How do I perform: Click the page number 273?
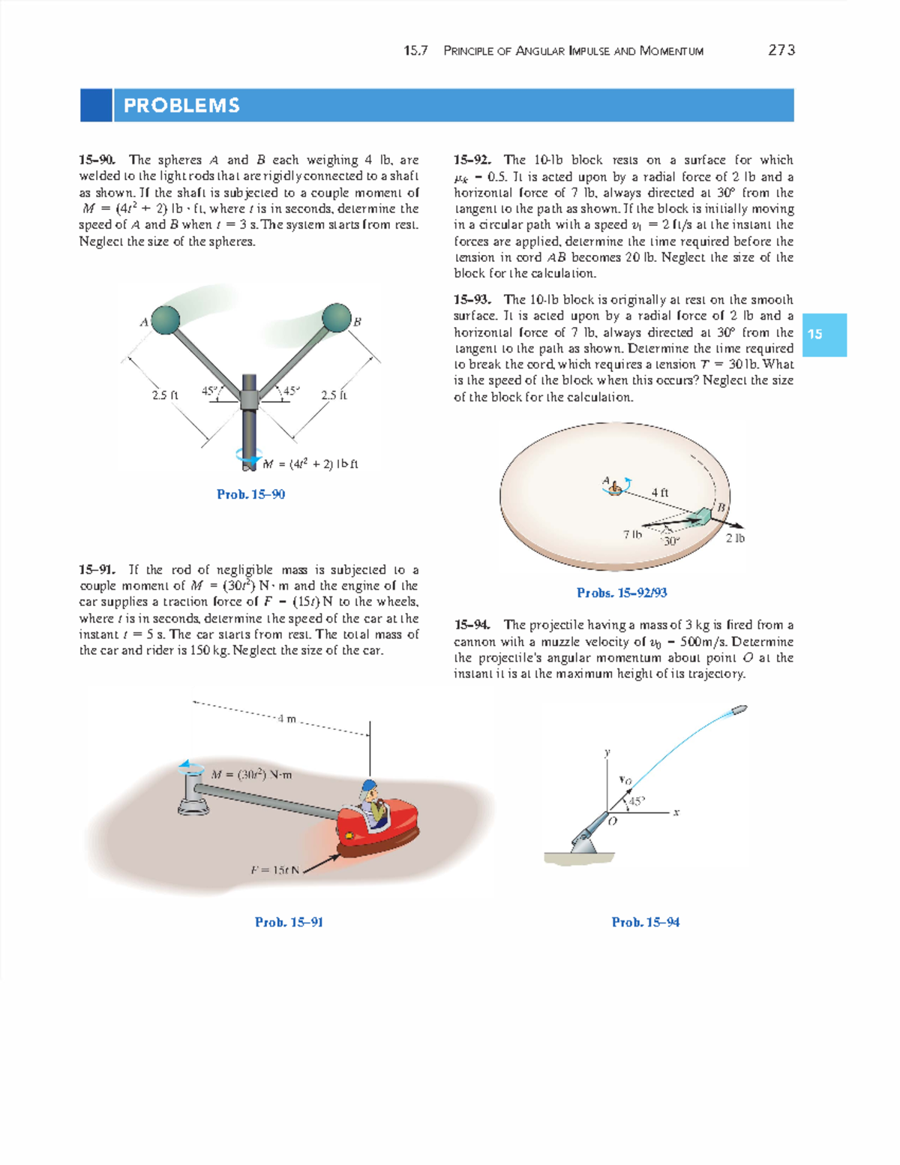pos(781,50)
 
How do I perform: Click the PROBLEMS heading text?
pos(181,106)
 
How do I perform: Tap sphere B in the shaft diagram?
pos(337,317)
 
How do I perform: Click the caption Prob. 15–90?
pos(250,494)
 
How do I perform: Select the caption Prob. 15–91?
pos(289,922)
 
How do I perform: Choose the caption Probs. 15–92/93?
pos(622,593)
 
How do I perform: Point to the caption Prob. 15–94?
pos(645,922)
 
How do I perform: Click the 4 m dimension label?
pos(286,719)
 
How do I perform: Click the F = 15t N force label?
pos(274,870)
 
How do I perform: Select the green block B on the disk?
pos(703,516)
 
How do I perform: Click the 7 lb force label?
pos(632,535)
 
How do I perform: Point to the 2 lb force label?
pos(735,538)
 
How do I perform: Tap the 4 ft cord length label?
pos(659,493)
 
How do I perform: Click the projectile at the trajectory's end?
pos(739,709)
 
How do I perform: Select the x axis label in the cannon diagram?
pos(676,812)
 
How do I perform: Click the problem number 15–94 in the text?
pos(472,625)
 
